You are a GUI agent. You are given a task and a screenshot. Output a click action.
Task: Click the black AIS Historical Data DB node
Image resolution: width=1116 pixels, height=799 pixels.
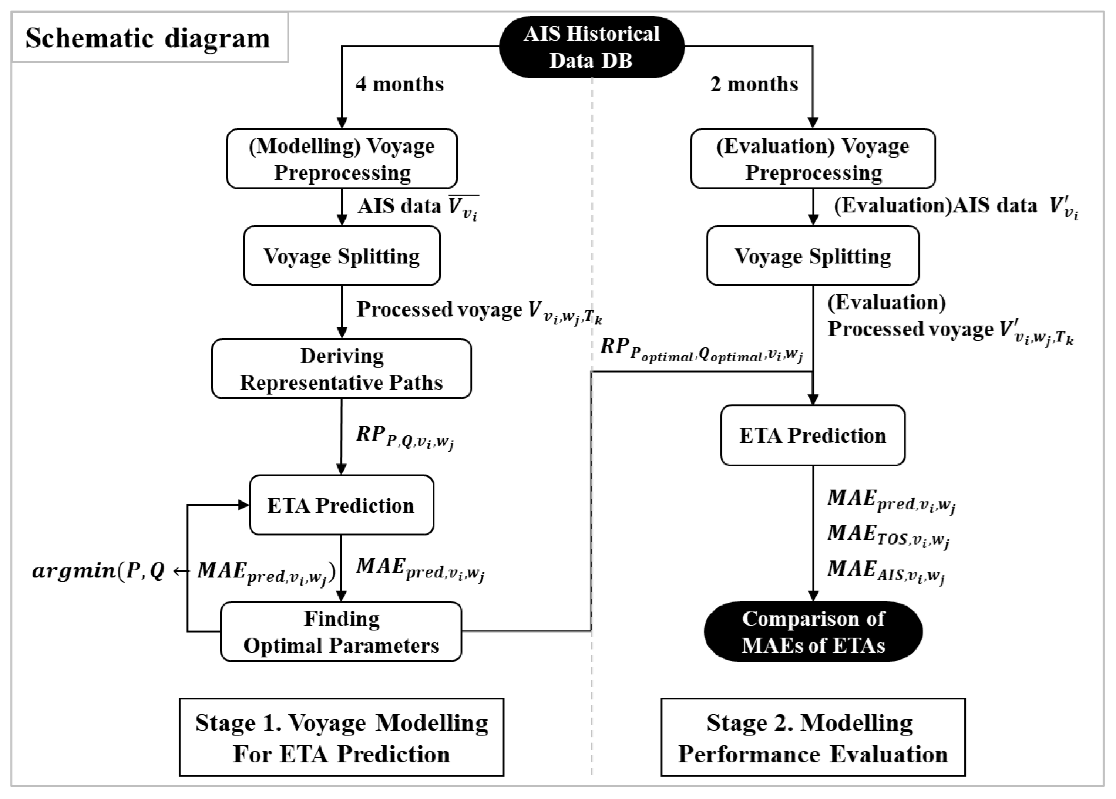tap(591, 47)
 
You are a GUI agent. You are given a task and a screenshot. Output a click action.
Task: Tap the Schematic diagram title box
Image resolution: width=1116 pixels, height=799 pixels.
tap(149, 38)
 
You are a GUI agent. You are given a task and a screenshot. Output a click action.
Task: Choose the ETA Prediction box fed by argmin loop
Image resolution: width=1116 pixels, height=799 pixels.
tap(341, 505)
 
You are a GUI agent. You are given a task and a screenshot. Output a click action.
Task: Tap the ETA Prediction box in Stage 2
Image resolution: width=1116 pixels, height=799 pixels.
tap(813, 435)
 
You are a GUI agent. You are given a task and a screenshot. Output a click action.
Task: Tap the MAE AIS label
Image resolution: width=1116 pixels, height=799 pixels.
tap(886, 571)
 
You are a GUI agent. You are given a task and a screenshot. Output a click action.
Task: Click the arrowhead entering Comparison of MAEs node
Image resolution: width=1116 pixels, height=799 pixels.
tap(813, 596)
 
